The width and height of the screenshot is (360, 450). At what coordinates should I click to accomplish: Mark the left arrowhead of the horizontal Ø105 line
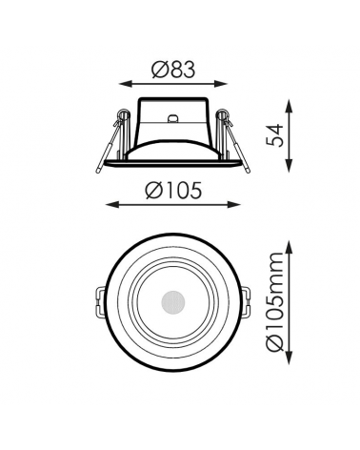tap(105, 206)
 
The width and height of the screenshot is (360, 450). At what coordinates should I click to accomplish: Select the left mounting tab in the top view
tap(100, 303)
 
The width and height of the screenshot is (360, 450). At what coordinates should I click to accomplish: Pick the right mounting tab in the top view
tap(245, 303)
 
